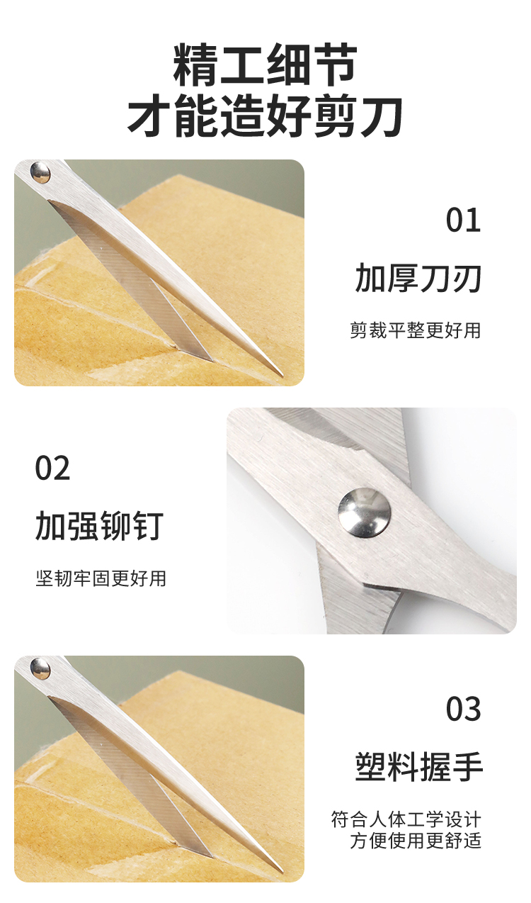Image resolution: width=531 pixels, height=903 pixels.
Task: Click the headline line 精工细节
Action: click(x=265, y=65)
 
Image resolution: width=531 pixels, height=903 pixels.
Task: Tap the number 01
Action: click(x=463, y=220)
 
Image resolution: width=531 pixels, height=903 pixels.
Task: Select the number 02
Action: click(x=52, y=468)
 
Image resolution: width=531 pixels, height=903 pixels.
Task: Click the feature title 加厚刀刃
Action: click(x=418, y=278)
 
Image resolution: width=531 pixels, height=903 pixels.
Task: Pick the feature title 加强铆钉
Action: click(x=99, y=526)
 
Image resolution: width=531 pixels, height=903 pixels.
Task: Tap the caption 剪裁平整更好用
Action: click(x=415, y=330)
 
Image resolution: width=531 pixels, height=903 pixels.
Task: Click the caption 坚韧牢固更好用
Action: click(x=101, y=578)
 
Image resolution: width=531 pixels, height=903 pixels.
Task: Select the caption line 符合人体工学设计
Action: click(x=406, y=819)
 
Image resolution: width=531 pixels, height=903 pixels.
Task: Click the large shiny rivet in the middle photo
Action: click(x=365, y=512)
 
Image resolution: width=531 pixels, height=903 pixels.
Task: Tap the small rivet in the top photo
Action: click(x=40, y=173)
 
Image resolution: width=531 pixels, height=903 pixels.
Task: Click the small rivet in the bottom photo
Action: click(x=40, y=668)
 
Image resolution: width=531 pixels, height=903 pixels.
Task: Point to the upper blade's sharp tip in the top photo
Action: click(x=282, y=376)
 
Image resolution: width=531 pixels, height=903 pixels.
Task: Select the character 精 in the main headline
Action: click(x=196, y=65)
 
